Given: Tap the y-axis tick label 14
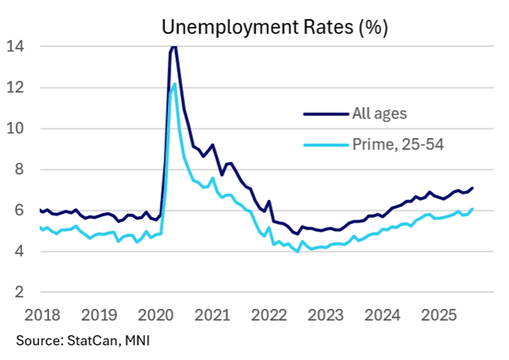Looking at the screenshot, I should pyautogui.click(x=14, y=46).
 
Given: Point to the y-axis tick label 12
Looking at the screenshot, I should pyautogui.click(x=14, y=88).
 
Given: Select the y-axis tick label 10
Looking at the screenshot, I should pyautogui.click(x=14, y=129).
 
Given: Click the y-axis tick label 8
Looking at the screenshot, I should pyautogui.click(x=19, y=169).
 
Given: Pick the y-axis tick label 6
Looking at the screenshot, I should pyautogui.click(x=19, y=211).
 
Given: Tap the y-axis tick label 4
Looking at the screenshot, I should pyautogui.click(x=19, y=252).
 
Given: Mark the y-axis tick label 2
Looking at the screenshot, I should pyautogui.click(x=19, y=292).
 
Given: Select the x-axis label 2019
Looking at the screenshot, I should pyautogui.click(x=100, y=314).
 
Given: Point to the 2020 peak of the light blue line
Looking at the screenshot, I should pyautogui.click(x=174, y=84).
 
